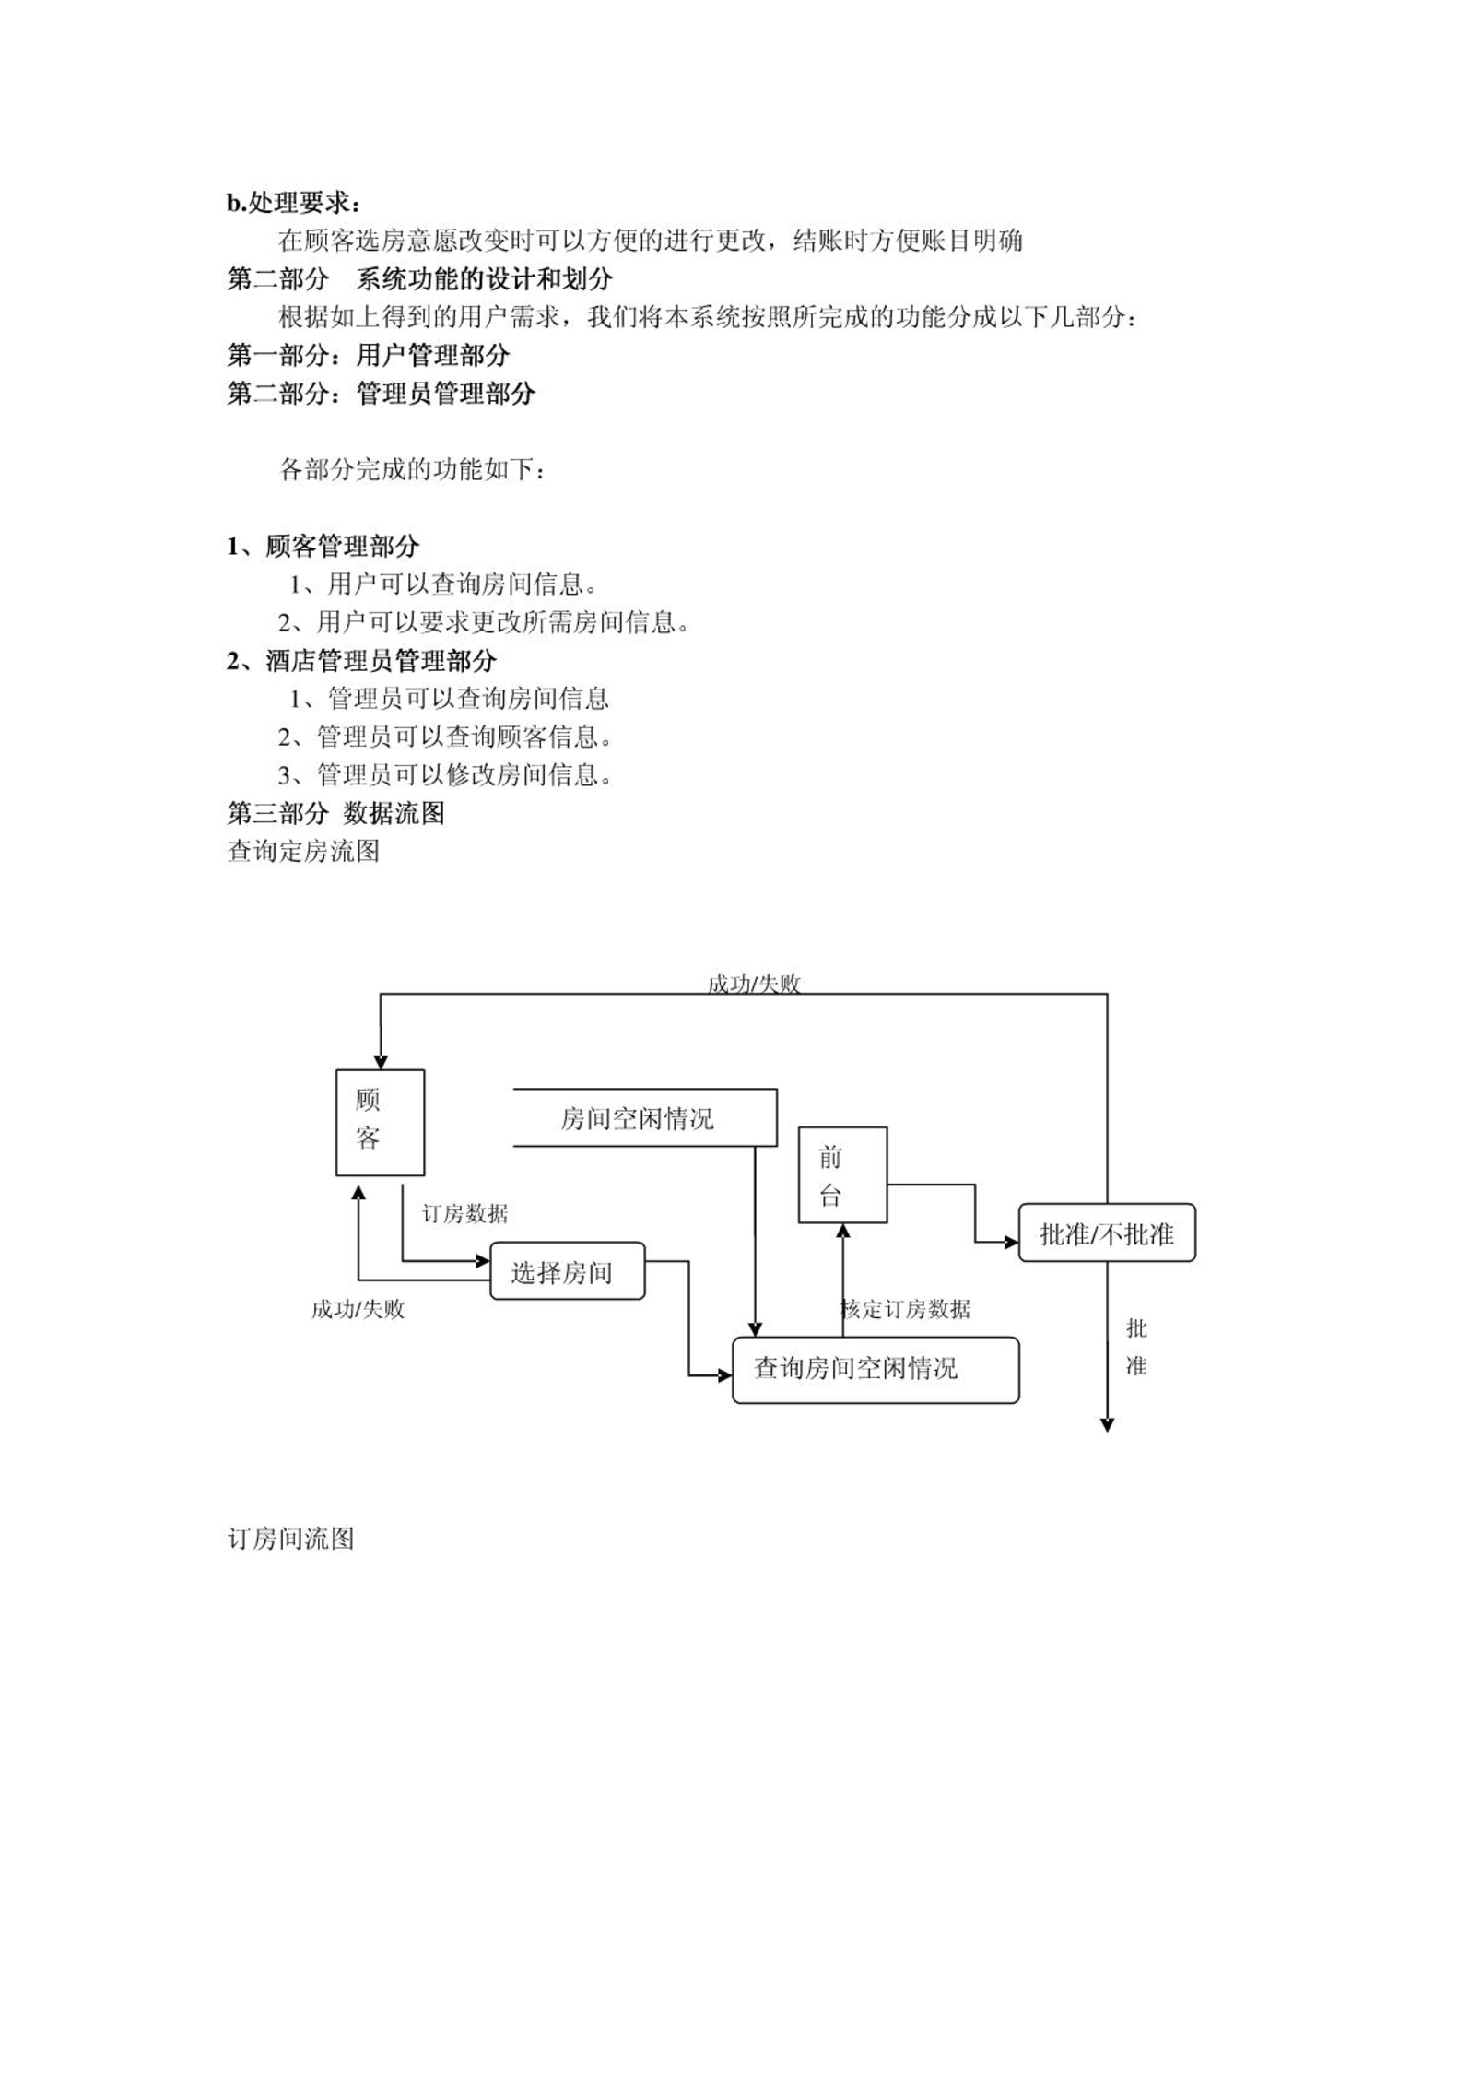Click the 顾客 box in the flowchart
[380, 1122]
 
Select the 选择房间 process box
[567, 1271]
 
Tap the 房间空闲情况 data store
[644, 1117]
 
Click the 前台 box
[842, 1174]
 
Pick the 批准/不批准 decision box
[1107, 1233]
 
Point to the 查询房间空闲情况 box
[876, 1370]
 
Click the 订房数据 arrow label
[464, 1214]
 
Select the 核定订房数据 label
[906, 1309]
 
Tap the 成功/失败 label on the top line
[754, 984]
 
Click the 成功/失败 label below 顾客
[358, 1309]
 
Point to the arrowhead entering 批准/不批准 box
[1011, 1243]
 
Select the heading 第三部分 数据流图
[336, 813]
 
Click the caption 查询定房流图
[303, 851]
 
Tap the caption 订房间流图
[291, 1539]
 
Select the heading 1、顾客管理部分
[323, 546]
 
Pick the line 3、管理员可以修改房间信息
[446, 774]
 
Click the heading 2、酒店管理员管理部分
[362, 660]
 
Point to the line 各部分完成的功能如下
[412, 469]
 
